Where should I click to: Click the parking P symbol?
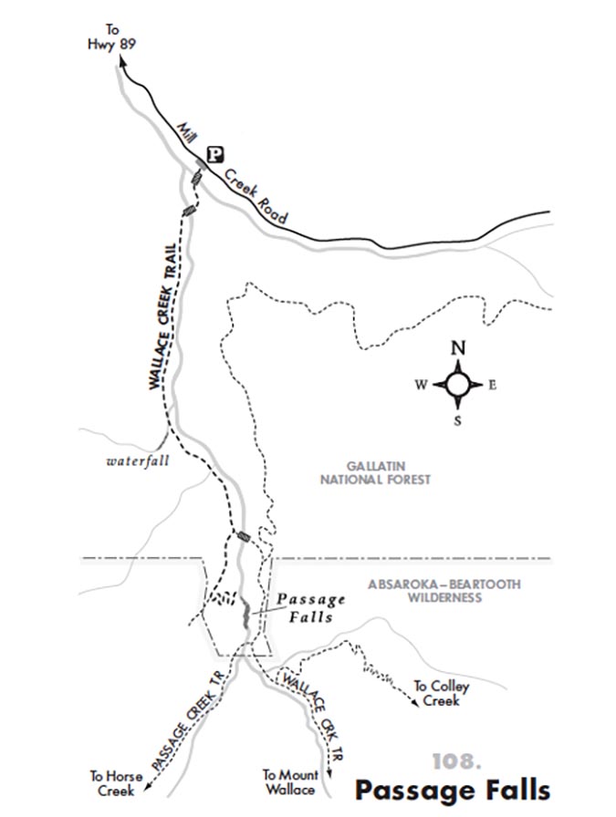215,155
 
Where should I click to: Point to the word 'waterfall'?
138,461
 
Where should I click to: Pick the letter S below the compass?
459,421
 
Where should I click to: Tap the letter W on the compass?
421,384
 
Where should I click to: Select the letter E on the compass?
493,384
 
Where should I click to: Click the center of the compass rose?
459,384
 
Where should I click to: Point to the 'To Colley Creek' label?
436,692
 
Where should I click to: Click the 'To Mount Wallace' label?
289,781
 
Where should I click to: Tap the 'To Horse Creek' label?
112,782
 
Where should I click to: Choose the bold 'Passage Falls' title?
453,787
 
